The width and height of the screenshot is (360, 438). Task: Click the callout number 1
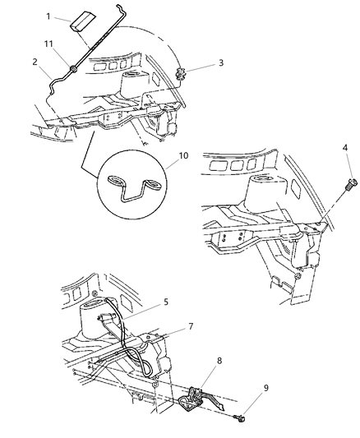pos(48,16)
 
